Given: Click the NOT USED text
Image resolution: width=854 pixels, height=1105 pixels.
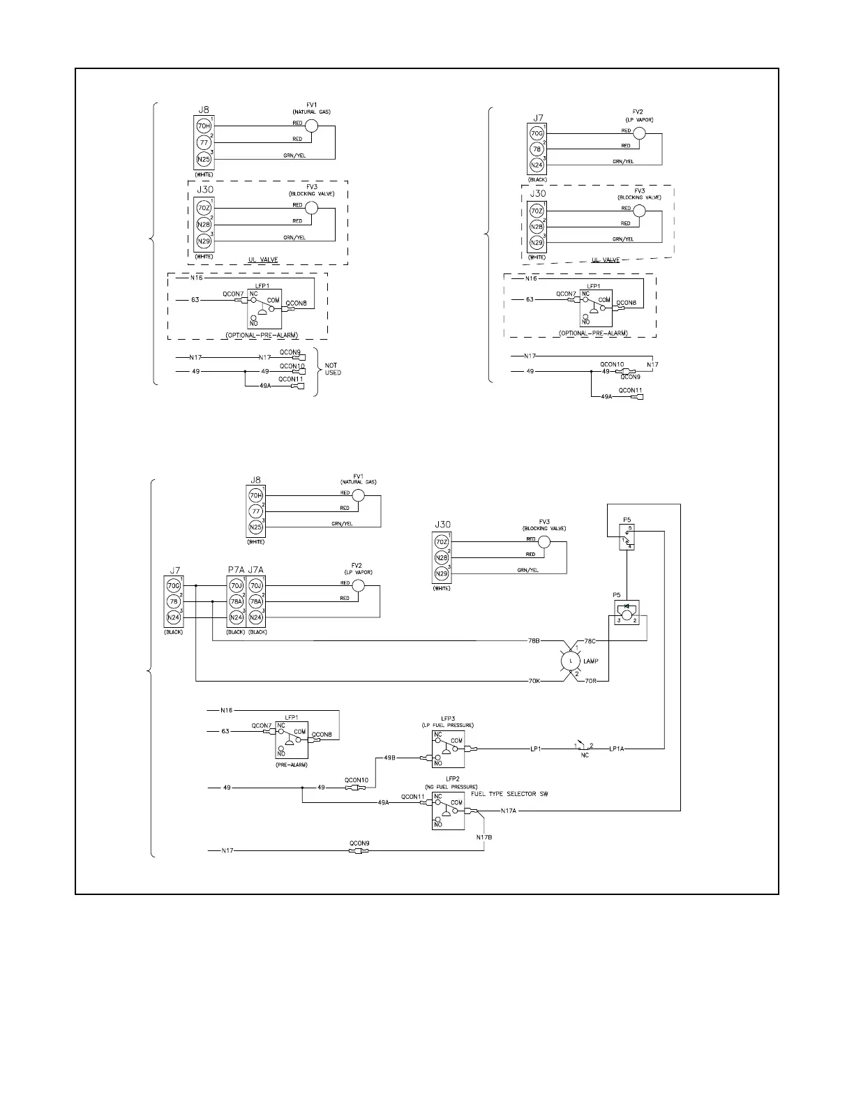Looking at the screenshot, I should point(333,368).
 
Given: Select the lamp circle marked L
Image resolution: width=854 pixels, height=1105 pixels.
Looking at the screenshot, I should point(571,660).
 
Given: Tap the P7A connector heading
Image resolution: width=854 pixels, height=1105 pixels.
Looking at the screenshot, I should point(236,569).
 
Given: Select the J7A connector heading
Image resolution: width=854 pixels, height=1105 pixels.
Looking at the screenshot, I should point(256,569).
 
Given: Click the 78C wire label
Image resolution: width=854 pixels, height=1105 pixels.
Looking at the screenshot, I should point(590,640).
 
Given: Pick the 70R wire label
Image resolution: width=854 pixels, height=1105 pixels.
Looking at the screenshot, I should point(590,680).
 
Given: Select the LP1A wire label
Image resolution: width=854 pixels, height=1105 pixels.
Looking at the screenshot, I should point(616,749).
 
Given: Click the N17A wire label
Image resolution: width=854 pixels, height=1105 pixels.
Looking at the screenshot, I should point(509,811).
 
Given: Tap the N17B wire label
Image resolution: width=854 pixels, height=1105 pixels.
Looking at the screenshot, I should point(484,837).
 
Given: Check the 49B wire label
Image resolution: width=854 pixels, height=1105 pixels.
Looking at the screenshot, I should point(390,758).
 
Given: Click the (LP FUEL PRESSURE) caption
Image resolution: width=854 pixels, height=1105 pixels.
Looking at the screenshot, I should point(447,726).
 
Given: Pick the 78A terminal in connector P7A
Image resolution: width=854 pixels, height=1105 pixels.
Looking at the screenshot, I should point(236,601).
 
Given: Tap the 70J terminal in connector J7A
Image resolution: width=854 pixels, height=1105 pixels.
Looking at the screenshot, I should point(256,586).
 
